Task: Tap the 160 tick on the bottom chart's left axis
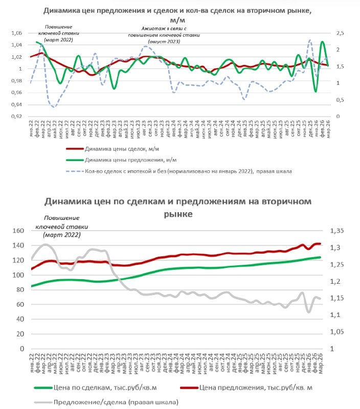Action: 18,231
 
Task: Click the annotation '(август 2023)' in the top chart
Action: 164,40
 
